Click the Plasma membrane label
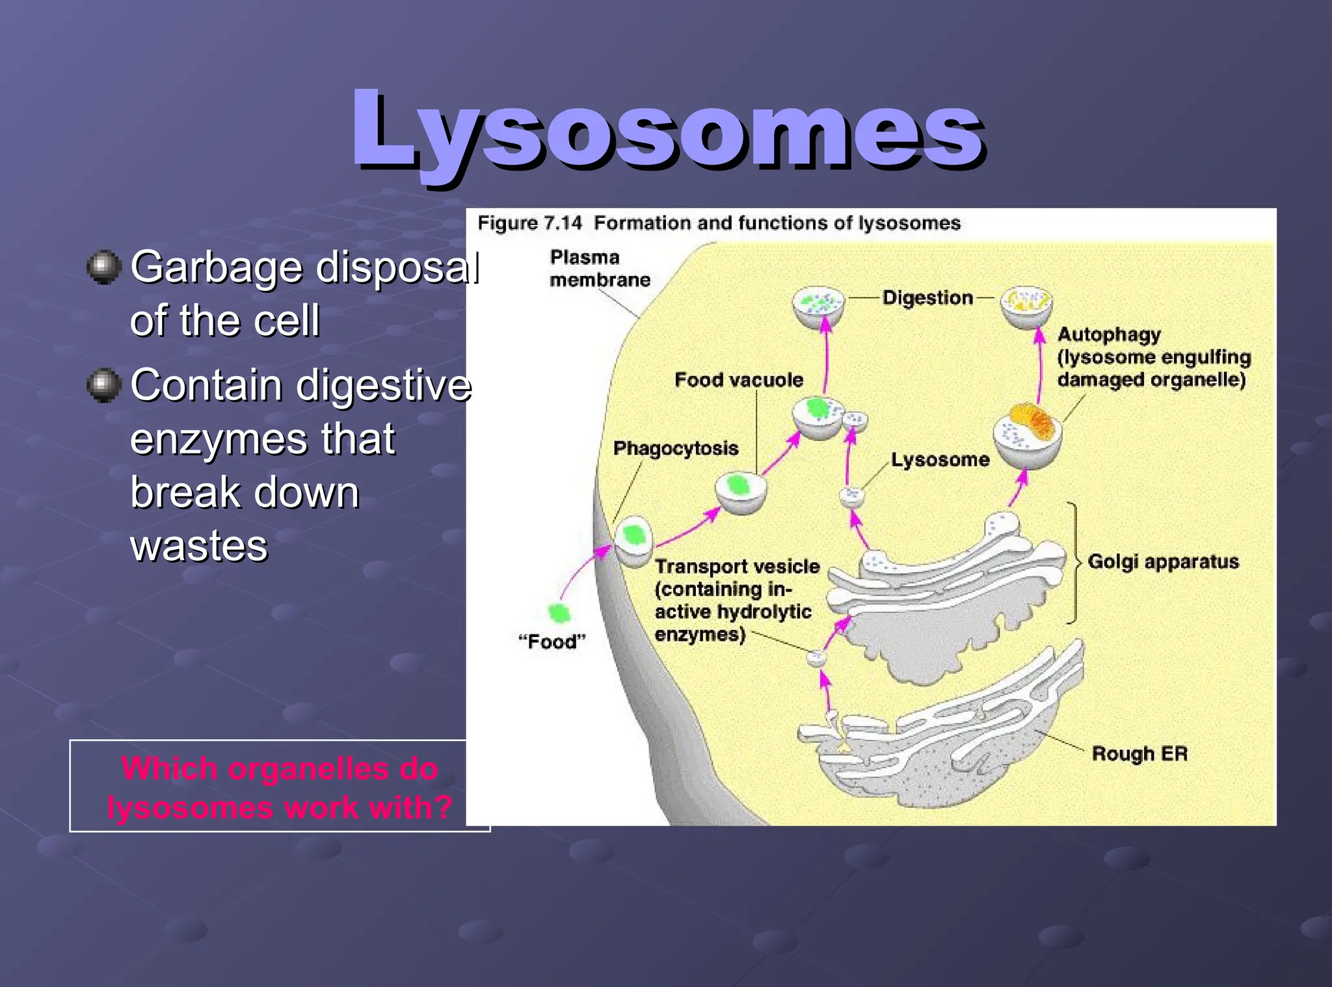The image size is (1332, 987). point(599,268)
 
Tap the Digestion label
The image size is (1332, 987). point(927,298)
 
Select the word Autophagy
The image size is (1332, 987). point(1108,334)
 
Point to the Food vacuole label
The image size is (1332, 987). point(738,380)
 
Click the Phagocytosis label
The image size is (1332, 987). point(675,448)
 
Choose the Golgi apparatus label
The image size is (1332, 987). point(1163,561)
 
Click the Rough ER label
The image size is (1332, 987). point(1139,753)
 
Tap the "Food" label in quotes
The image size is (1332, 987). point(552,642)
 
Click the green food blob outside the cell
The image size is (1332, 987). point(559,612)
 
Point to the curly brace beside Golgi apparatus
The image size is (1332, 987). point(1073,562)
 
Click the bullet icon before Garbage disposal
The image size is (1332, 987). point(104,267)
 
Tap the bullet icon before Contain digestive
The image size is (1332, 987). point(104,385)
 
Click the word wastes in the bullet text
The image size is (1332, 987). point(198,545)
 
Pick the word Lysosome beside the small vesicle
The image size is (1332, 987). point(939,460)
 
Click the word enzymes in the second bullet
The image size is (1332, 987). point(220,439)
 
